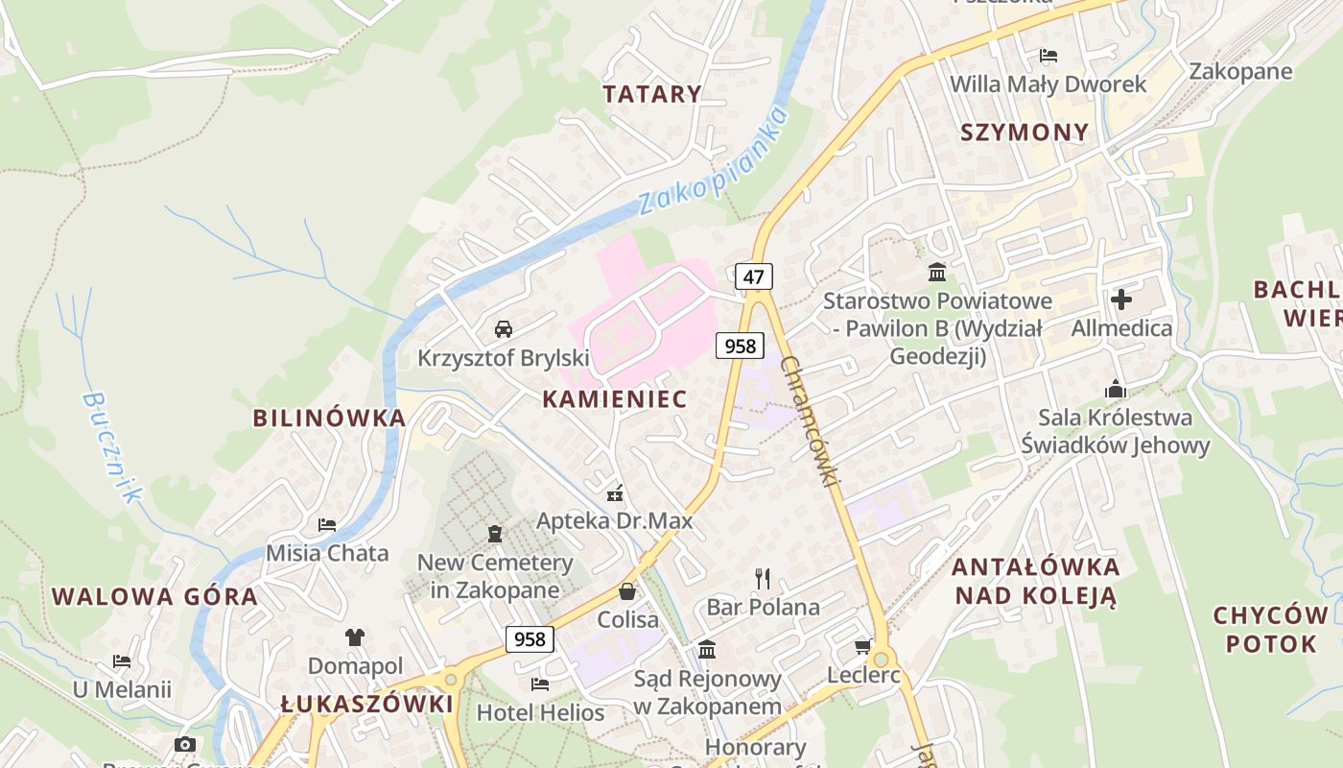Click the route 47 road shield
click(x=754, y=277)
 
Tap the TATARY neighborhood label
click(x=652, y=94)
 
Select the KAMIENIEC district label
click(x=615, y=399)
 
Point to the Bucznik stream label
click(x=111, y=446)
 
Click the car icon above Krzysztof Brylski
click(x=503, y=329)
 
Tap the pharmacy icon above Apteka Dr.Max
click(x=615, y=493)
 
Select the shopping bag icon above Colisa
click(x=627, y=591)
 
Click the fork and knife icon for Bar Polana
click(x=763, y=578)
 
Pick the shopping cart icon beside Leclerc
click(x=862, y=646)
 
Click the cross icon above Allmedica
click(x=1120, y=300)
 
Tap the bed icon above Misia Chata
click(x=327, y=525)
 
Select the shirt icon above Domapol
click(x=355, y=636)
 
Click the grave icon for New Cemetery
click(x=495, y=533)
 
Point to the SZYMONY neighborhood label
click(x=1025, y=132)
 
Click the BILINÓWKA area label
click(x=329, y=419)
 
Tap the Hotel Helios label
click(x=540, y=712)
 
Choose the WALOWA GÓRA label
click(x=154, y=596)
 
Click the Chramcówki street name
click(x=810, y=420)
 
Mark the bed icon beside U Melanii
click(x=122, y=661)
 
